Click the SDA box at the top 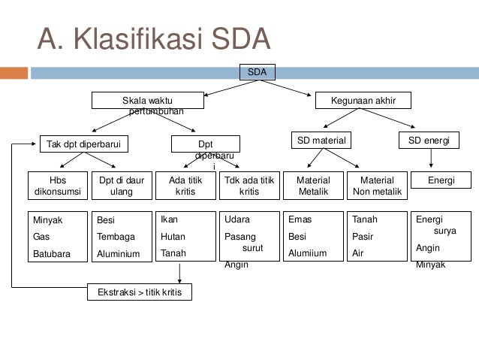pos(258,72)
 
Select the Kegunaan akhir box pos(363,100)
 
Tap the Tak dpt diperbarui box pos(83,144)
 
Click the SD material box pos(321,140)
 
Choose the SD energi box pos(429,140)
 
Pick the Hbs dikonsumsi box pos(58,186)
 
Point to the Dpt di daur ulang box pos(122,186)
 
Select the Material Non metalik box pos(377,186)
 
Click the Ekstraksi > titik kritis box pos(140,292)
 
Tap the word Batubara pos(52,254)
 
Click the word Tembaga pos(116,237)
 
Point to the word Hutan pos(173,237)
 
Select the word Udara pos(237,219)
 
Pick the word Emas pos(300,219)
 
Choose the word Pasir pos(363,237)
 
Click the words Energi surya pos(436,225)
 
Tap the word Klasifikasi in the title pos(138,39)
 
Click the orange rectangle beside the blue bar pos(14,73)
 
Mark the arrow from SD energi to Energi pos(431,158)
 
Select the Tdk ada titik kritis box pos(249,186)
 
